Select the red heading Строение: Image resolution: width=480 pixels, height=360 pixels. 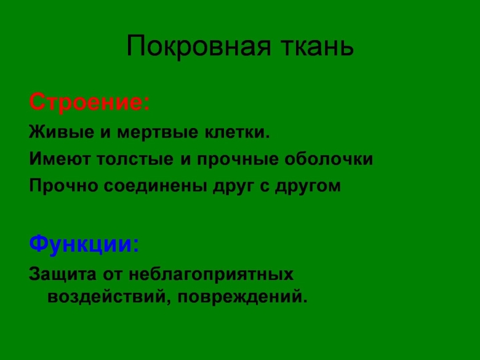pyautogui.click(x=89, y=102)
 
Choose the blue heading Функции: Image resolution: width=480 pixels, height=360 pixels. pyautogui.click(x=84, y=244)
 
